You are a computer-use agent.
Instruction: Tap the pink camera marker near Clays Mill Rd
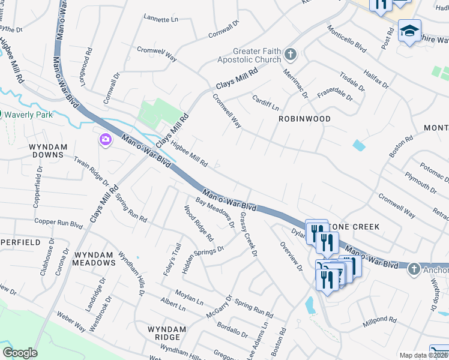(x=105, y=139)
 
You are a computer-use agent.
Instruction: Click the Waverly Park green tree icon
(x=2, y=114)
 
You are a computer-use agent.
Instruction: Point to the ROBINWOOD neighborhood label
(x=304, y=119)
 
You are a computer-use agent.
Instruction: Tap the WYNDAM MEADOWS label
(x=94, y=258)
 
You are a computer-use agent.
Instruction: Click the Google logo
(x=20, y=353)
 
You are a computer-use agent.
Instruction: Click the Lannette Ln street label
(x=161, y=19)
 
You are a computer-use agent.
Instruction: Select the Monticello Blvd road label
(x=346, y=38)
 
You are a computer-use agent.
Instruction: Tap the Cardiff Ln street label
(x=265, y=103)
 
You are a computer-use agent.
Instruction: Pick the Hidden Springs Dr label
(x=203, y=257)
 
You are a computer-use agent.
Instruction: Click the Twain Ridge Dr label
(x=91, y=171)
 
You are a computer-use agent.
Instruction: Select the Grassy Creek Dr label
(x=248, y=234)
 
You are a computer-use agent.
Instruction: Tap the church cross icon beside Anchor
(x=414, y=269)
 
